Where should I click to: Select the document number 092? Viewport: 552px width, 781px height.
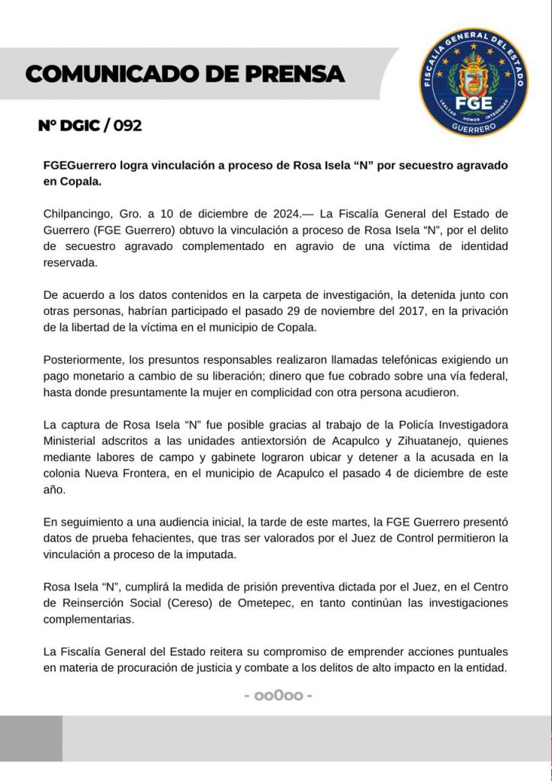click(x=127, y=126)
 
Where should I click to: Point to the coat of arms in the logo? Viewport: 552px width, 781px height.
click(x=474, y=76)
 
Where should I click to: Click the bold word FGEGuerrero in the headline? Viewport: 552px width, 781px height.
click(x=77, y=166)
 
